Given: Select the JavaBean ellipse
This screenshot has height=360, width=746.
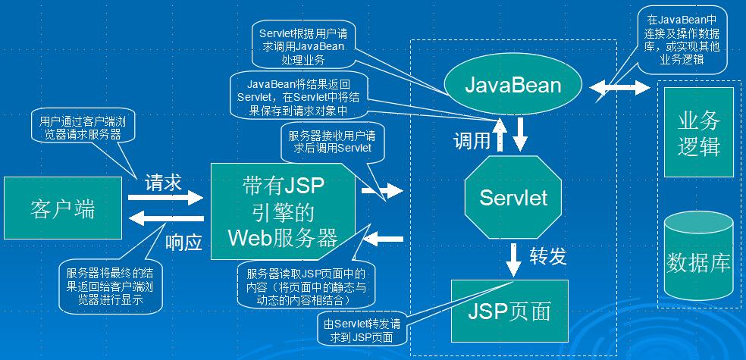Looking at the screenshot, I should click(x=513, y=83).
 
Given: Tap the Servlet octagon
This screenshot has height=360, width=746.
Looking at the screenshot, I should click(x=513, y=198).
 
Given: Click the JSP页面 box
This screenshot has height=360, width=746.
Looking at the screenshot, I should click(x=509, y=311).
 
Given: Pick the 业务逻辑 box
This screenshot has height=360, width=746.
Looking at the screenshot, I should click(x=698, y=132).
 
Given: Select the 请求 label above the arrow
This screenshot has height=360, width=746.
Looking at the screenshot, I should click(x=164, y=182).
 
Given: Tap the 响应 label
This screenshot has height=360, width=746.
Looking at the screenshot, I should click(x=183, y=243).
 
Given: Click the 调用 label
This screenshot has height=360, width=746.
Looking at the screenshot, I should click(x=472, y=142).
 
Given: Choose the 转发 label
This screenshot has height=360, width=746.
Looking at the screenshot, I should click(x=548, y=256).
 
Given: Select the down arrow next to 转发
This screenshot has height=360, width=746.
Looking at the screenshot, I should click(x=514, y=258).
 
